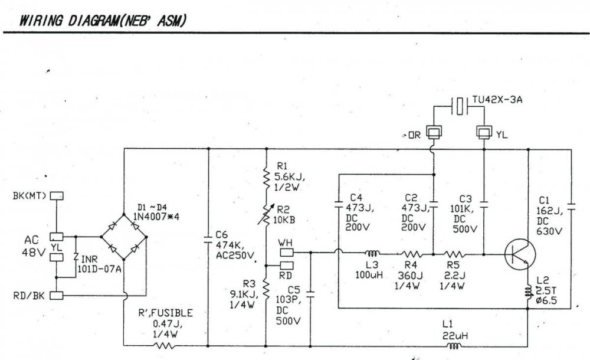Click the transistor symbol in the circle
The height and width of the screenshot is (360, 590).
[520, 254]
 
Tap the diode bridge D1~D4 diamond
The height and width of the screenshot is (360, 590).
[123, 237]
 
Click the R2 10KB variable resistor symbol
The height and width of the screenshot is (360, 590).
[266, 215]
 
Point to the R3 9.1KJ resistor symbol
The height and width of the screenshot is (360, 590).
[266, 289]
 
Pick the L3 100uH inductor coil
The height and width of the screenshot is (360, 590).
[372, 253]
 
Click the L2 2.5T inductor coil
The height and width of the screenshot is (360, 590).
[529, 293]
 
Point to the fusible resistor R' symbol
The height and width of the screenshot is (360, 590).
[164, 345]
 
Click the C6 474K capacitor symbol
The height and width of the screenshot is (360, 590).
[208, 239]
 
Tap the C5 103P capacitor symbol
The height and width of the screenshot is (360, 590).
[310, 294]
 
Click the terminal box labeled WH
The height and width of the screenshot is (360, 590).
[286, 252]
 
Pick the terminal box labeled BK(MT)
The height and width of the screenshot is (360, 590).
[57, 196]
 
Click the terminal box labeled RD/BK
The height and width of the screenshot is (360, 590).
[57, 296]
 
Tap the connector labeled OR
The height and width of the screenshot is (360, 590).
[434, 133]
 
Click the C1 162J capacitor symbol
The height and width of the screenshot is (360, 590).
[571, 207]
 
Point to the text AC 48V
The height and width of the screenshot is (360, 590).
[32, 246]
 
